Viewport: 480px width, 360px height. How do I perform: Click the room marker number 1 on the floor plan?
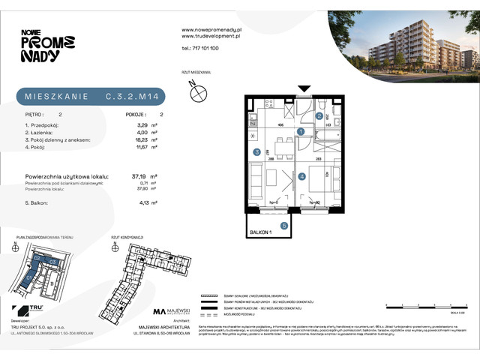pos(301,132)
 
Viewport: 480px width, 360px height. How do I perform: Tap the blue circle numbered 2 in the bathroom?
pos(319,116)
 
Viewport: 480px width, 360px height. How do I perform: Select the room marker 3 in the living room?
pos(256,152)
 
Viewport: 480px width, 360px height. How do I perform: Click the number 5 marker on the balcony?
pos(284,224)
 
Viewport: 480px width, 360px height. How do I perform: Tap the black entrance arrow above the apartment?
pos(304,88)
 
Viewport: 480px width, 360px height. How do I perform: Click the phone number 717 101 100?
pos(200,47)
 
